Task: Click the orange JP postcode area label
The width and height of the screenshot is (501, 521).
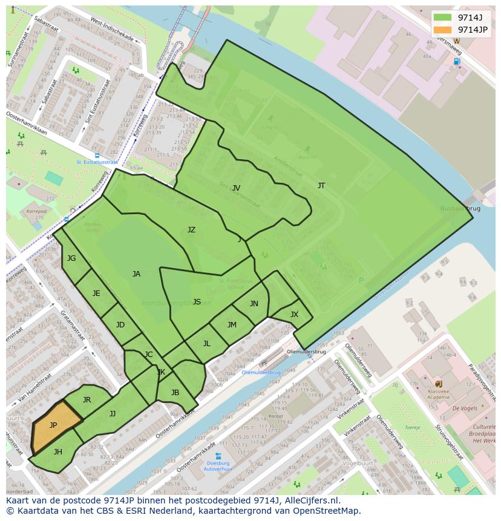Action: click(x=53, y=425)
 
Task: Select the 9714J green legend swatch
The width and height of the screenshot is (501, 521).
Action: click(x=442, y=18)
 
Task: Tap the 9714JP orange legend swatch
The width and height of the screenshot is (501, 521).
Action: click(x=442, y=30)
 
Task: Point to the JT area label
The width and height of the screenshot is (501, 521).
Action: click(x=321, y=186)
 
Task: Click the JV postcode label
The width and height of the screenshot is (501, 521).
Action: click(x=236, y=188)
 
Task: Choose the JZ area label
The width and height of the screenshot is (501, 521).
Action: click(x=191, y=230)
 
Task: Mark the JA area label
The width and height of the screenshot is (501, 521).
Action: click(x=136, y=274)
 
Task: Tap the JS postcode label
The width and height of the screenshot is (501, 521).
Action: click(x=197, y=302)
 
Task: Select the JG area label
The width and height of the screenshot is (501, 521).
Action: click(x=71, y=258)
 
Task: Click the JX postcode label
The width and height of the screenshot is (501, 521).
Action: click(x=294, y=315)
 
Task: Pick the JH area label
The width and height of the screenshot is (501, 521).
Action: click(x=58, y=451)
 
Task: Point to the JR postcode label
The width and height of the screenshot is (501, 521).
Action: click(x=87, y=400)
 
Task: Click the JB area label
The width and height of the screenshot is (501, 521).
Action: click(x=175, y=393)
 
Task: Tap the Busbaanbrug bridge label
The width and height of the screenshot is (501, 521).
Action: click(x=460, y=208)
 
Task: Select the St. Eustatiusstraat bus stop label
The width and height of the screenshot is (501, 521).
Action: click(x=97, y=162)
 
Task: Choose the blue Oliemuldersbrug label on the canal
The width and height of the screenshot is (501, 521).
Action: click(x=261, y=373)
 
